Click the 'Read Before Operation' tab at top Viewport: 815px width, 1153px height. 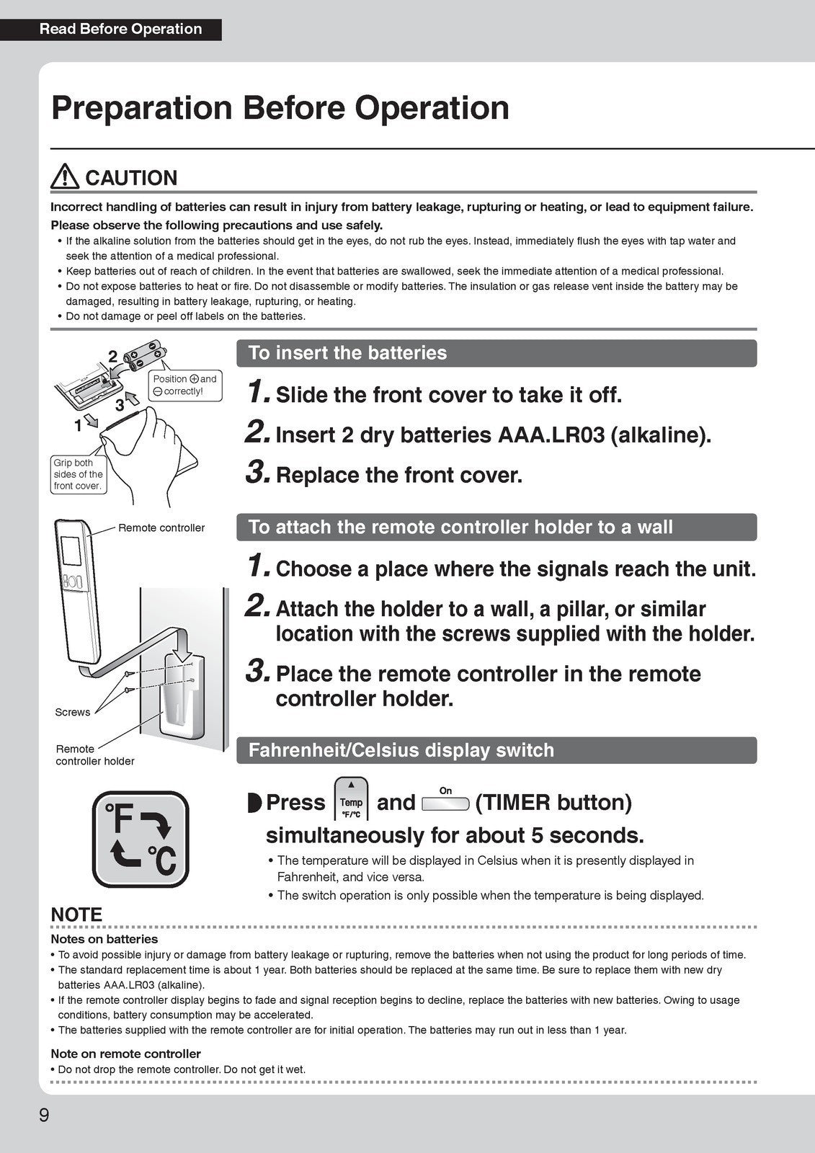coord(120,30)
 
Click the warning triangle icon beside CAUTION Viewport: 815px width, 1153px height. coord(65,177)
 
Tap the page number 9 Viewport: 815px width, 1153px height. coord(44,1115)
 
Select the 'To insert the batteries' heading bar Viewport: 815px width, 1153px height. coord(496,353)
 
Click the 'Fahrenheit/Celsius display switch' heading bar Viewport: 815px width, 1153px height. coord(496,750)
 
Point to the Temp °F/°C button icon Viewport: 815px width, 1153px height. coord(351,800)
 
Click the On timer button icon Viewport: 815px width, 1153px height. coord(445,801)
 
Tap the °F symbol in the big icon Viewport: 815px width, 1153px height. coord(120,819)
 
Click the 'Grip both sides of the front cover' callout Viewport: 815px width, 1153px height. coord(78,474)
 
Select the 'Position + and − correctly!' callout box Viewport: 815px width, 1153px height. coord(184,386)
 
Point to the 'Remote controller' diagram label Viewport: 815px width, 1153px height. coord(161,528)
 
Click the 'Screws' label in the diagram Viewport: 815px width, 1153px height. coord(73,713)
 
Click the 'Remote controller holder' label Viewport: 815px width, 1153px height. coord(94,755)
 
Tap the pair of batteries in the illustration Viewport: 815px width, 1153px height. coord(145,357)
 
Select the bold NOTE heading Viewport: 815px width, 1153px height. coord(76,914)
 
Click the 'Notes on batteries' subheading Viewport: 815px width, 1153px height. coord(104,939)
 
